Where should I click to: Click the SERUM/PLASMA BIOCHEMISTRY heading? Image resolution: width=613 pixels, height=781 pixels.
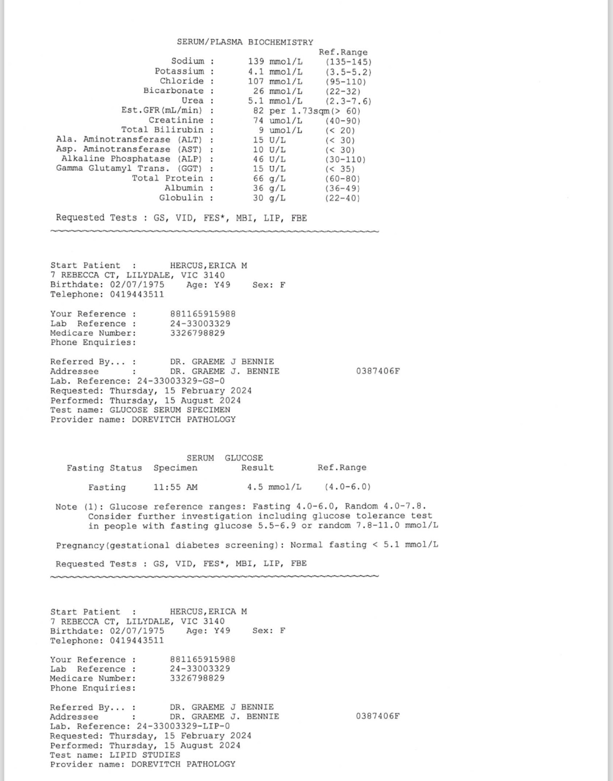click(245, 42)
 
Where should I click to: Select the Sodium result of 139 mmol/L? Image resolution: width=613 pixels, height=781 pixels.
click(275, 62)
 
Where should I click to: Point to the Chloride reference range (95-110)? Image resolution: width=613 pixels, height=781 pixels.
click(345, 81)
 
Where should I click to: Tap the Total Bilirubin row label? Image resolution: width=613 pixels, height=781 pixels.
click(162, 130)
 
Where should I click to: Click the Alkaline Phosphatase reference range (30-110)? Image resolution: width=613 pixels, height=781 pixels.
click(345, 159)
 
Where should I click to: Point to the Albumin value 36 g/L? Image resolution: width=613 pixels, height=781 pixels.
click(269, 188)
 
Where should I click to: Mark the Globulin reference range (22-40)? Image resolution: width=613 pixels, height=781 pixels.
click(343, 198)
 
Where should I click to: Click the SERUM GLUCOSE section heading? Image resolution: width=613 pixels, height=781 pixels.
click(225, 458)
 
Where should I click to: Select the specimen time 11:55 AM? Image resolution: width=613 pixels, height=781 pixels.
click(175, 487)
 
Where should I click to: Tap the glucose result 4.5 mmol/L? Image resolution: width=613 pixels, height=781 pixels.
click(274, 487)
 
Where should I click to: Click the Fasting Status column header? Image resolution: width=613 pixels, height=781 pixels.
click(104, 468)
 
